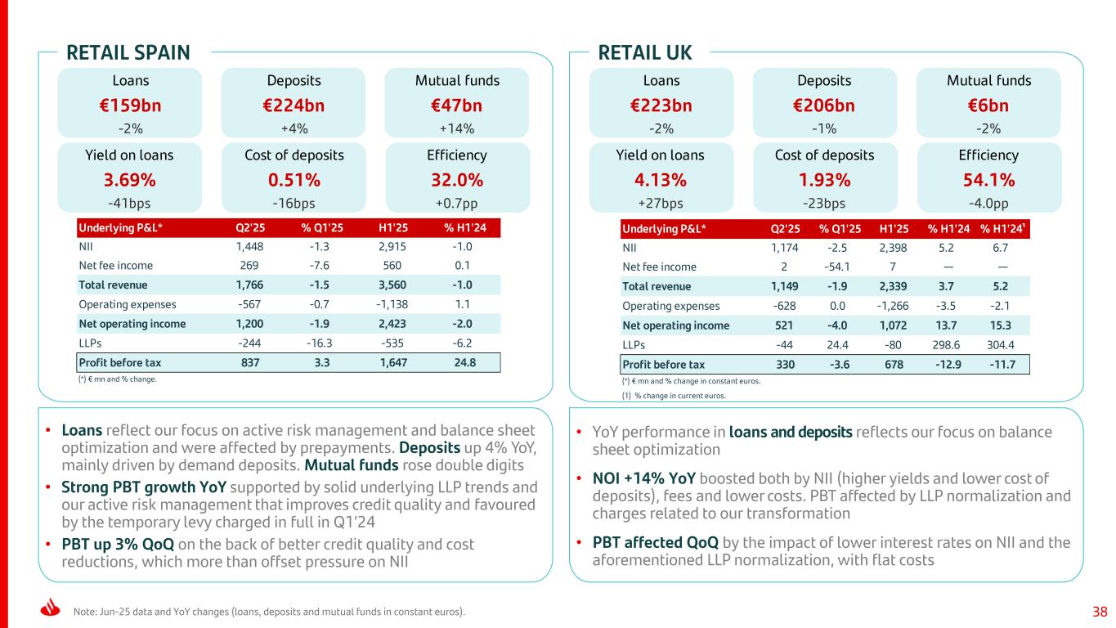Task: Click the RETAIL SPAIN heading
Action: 128,53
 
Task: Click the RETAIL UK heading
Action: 645,53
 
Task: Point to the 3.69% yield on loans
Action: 129,180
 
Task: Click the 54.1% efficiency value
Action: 988,180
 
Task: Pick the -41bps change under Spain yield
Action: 129,203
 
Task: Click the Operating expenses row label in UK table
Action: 671,306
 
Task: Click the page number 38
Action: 1100,611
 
